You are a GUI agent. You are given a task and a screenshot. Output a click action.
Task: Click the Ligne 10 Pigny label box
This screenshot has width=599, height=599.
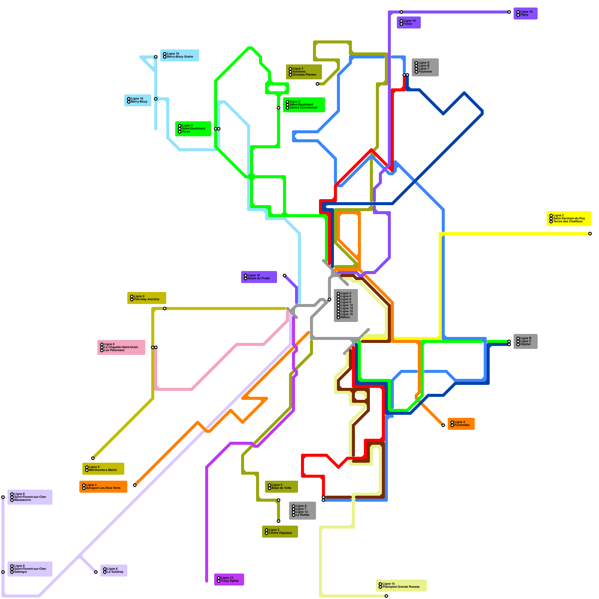pyautogui.click(x=525, y=13)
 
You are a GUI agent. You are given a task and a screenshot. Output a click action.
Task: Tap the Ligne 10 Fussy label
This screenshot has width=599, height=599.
pyautogui.click(x=408, y=22)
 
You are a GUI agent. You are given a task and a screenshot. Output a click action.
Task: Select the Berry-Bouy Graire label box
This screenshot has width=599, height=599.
pyautogui.click(x=180, y=55)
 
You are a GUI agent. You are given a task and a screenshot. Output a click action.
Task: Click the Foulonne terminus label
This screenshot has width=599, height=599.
pyautogui.click(x=425, y=67)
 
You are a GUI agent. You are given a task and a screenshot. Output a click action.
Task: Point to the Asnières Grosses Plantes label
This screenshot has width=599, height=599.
pyautogui.click(x=304, y=72)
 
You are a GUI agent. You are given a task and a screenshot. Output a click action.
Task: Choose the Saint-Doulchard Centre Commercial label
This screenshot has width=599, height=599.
pyautogui.click(x=304, y=105)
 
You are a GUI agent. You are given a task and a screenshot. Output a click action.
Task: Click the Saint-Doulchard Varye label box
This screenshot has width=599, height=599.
pyautogui.click(x=193, y=129)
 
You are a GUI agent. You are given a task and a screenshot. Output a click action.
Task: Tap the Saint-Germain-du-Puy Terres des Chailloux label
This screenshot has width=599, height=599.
pyautogui.click(x=569, y=219)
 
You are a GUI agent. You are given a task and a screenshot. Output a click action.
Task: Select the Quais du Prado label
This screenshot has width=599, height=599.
pyautogui.click(x=259, y=277)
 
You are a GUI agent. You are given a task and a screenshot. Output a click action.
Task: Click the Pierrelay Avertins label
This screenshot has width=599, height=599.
pyautogui.click(x=146, y=298)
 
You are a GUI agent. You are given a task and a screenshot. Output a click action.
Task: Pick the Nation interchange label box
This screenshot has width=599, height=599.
pyautogui.click(x=346, y=305)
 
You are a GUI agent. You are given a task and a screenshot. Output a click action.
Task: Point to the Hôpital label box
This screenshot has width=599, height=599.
pyautogui.click(x=525, y=341)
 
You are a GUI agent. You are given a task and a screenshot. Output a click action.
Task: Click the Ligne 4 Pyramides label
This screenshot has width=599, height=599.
pyautogui.click(x=461, y=424)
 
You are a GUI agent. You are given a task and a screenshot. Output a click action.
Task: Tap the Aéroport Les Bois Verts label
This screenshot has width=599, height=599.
pyautogui.click(x=103, y=487)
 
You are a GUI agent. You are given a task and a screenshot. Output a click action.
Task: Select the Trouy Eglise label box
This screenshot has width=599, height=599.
pyautogui.click(x=229, y=580)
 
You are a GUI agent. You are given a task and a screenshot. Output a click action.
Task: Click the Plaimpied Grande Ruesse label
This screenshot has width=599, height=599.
pyautogui.click(x=401, y=586)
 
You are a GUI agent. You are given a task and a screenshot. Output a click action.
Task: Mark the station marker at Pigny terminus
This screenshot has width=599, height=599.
pyautogui.click(x=509, y=12)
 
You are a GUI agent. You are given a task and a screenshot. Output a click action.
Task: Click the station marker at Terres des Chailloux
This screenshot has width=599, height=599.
pyautogui.click(x=590, y=234)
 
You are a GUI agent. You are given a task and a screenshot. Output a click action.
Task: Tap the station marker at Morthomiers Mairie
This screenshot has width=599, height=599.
pyautogui.click(x=93, y=458)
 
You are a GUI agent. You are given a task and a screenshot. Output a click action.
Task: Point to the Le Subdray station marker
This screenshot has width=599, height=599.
pyautogui.click(x=96, y=572)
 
